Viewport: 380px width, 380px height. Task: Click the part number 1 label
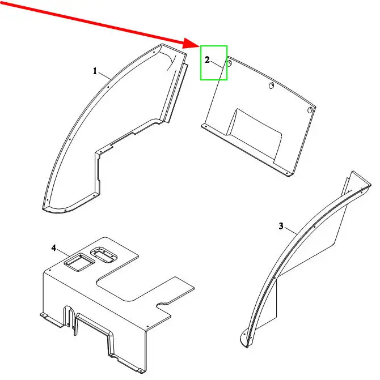[x=95, y=71]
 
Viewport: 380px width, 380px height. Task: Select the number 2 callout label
[x=207, y=60]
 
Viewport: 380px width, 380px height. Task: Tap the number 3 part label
[x=281, y=226]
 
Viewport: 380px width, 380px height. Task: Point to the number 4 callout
[x=54, y=248]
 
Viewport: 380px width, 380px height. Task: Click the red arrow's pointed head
[x=200, y=46]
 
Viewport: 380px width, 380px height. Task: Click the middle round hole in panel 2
[x=272, y=86]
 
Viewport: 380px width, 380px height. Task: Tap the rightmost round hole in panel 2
[x=310, y=110]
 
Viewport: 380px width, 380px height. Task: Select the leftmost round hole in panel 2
[x=229, y=63]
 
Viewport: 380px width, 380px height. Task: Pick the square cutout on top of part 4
[x=79, y=262]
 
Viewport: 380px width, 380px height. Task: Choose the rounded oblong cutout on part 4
[x=104, y=254]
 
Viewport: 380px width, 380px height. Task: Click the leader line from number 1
[x=104, y=76]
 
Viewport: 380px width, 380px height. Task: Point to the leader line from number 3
[x=291, y=230]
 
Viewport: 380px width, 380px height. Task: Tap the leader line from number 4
[x=64, y=253]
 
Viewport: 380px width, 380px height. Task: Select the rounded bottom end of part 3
[x=244, y=339]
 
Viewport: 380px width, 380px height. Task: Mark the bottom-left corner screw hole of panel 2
[x=206, y=126]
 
